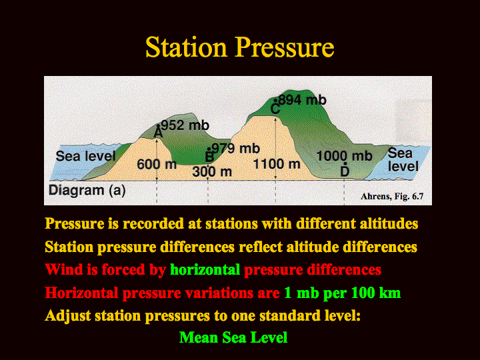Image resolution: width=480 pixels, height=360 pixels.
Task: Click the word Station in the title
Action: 186,47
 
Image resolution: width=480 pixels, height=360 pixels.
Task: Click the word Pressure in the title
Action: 285,47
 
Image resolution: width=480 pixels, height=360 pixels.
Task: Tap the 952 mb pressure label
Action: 185,125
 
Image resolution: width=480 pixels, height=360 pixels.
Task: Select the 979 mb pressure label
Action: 236,149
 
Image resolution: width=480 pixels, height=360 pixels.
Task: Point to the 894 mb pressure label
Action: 303,100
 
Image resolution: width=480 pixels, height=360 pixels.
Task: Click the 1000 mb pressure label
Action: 344,156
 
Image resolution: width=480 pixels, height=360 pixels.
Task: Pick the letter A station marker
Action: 158,133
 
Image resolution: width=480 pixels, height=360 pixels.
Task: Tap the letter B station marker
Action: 209,157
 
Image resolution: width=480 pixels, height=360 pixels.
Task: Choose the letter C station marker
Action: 275,109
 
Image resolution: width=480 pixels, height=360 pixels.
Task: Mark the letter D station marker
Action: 345,171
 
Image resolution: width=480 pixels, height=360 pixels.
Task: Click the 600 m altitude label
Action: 157,165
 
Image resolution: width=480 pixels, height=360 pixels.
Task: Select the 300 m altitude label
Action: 212,172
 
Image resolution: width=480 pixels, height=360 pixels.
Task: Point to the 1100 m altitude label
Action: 277,164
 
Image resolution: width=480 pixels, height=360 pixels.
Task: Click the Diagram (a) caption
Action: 87,191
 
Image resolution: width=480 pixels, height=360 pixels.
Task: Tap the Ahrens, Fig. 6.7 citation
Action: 392,196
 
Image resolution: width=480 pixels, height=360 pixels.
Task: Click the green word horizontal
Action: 205,270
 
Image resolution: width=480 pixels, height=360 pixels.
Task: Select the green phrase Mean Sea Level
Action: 233,337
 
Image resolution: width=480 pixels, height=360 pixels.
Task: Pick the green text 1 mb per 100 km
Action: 342,293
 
